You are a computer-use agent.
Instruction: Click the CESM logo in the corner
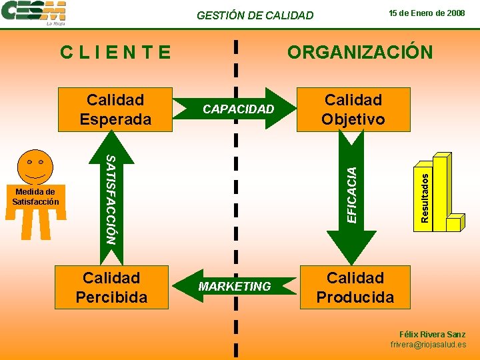(34, 13)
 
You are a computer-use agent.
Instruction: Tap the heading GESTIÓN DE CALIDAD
(255, 15)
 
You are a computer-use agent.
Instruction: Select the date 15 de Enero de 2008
(427, 13)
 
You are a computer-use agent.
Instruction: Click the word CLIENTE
(115, 51)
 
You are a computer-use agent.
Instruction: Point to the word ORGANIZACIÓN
(359, 52)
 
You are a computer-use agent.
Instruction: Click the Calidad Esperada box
(115, 109)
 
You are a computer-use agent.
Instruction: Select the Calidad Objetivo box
(353, 109)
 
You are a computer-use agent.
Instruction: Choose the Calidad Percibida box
(111, 287)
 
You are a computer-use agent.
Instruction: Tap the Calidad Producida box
(355, 287)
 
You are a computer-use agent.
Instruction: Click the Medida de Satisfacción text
(36, 197)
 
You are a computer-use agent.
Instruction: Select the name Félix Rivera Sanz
(432, 334)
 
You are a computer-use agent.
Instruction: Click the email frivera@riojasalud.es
(428, 345)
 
